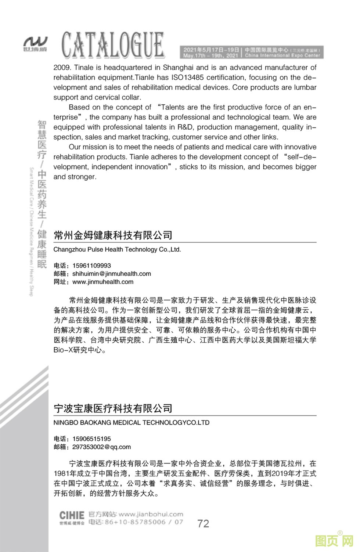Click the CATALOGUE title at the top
[x=113, y=46]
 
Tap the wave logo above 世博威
[x=35, y=41]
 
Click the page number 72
[x=203, y=523]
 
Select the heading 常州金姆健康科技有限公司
[x=113, y=235]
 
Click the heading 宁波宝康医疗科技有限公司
[x=113, y=408]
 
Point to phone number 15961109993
[x=91, y=266]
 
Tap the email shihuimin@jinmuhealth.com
[x=112, y=274]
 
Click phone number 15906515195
[x=91, y=439]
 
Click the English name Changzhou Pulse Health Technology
[x=117, y=249]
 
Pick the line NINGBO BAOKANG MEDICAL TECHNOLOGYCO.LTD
[x=132, y=422]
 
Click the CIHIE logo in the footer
[x=72, y=515]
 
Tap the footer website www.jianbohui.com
[x=151, y=514]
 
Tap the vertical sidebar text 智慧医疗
[x=42, y=139]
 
